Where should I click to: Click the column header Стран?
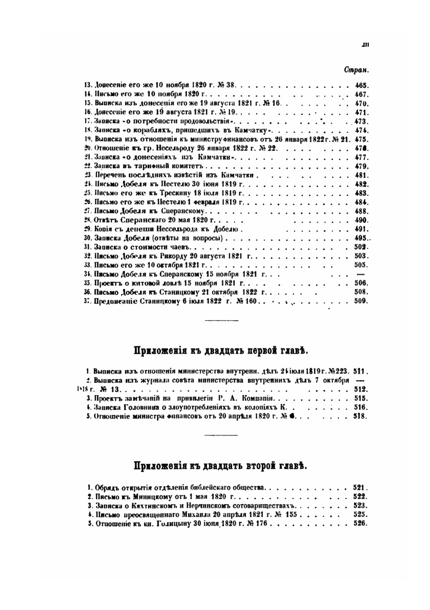[357, 70]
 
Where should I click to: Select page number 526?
[359, 524]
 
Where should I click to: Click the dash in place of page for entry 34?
[361, 274]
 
